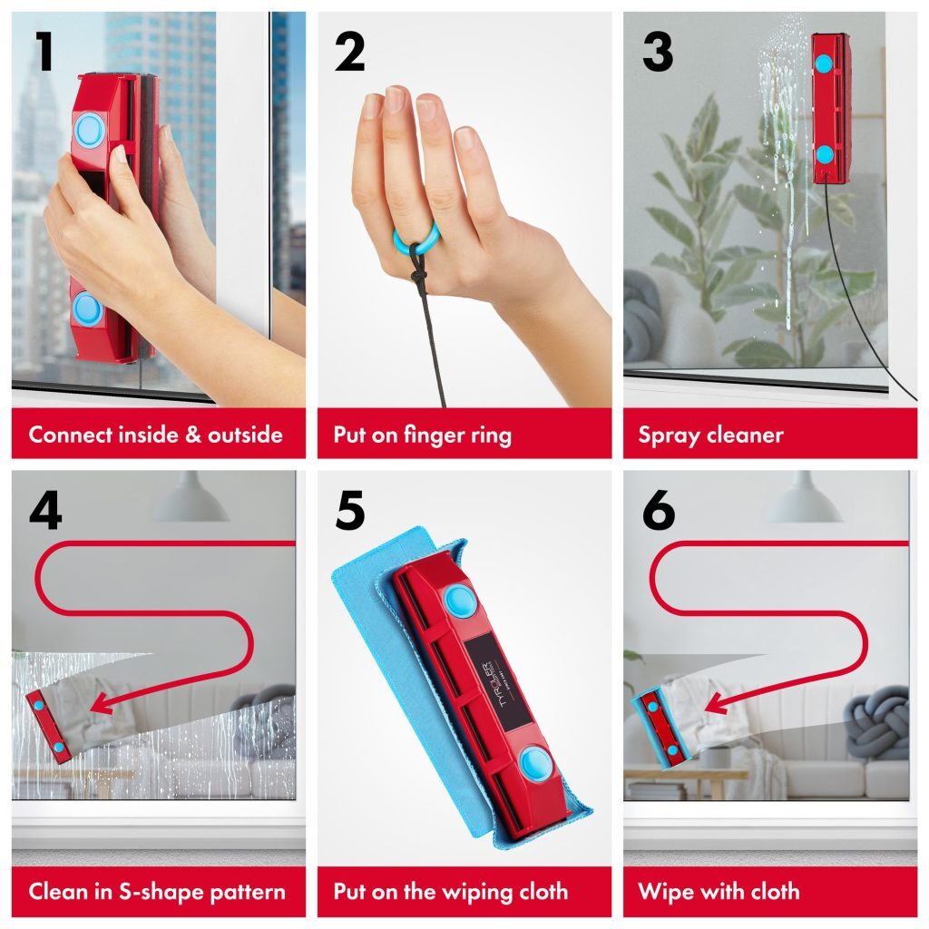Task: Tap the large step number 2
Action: click(349, 53)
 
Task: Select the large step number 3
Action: click(657, 53)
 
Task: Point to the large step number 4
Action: click(45, 511)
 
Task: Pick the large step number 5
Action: click(349, 511)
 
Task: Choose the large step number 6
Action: click(658, 511)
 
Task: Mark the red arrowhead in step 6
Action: click(714, 702)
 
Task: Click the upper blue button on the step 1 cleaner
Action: click(89, 131)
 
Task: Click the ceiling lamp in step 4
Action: click(190, 501)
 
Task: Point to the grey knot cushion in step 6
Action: click(875, 721)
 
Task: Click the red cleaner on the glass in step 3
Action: click(830, 109)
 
